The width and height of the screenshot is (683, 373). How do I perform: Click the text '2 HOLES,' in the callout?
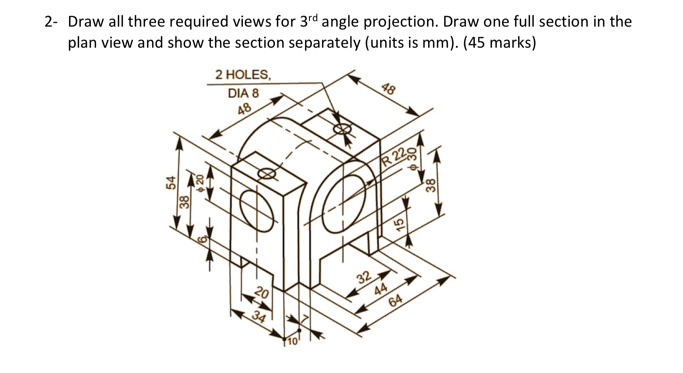point(243,74)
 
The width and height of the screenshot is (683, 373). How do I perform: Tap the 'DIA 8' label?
point(243,93)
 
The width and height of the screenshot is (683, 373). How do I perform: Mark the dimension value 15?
point(401,224)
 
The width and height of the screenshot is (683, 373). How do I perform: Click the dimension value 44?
point(381,289)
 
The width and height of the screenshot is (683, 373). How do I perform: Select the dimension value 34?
point(259,317)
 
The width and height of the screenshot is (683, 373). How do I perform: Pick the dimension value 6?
point(202,239)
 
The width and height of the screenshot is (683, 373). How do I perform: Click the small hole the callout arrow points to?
point(342,130)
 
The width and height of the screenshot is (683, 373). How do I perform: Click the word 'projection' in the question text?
point(396,22)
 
